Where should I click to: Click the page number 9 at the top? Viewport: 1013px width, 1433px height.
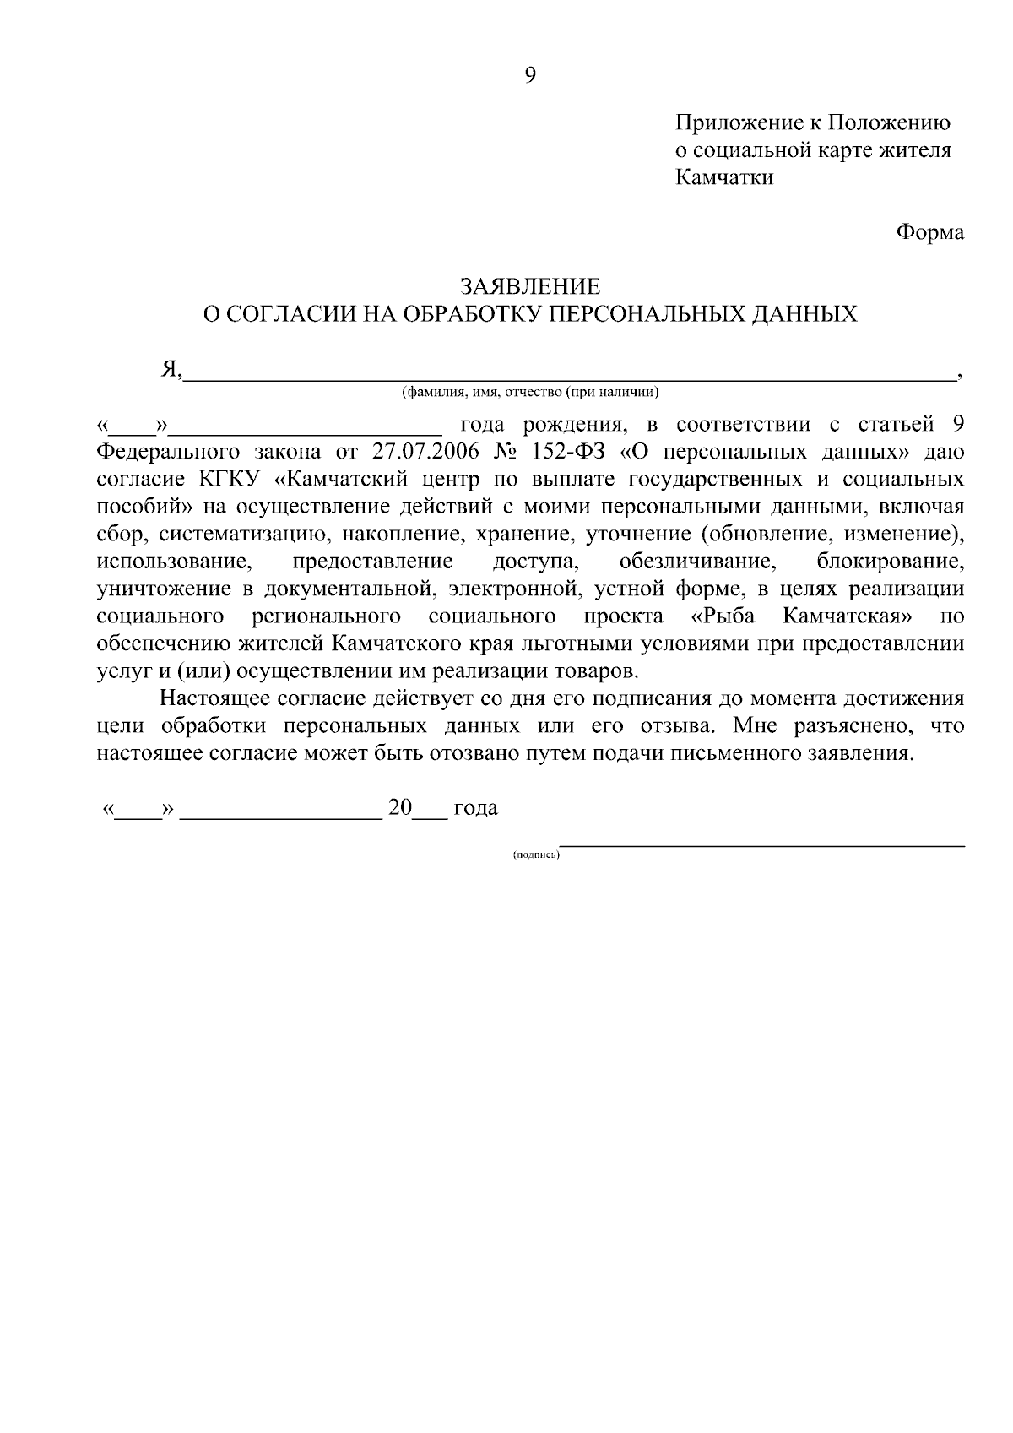click(x=530, y=75)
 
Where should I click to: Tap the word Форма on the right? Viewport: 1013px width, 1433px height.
click(x=929, y=232)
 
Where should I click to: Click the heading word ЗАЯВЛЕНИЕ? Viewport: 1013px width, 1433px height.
click(x=530, y=286)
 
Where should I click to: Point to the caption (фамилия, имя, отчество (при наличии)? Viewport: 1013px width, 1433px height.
click(x=530, y=392)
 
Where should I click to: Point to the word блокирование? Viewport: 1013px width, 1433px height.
click(x=891, y=561)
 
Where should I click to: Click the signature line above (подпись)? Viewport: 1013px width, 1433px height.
click(x=763, y=843)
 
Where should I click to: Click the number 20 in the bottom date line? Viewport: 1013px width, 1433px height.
click(x=399, y=807)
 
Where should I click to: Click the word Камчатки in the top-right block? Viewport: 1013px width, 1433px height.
click(x=724, y=178)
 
